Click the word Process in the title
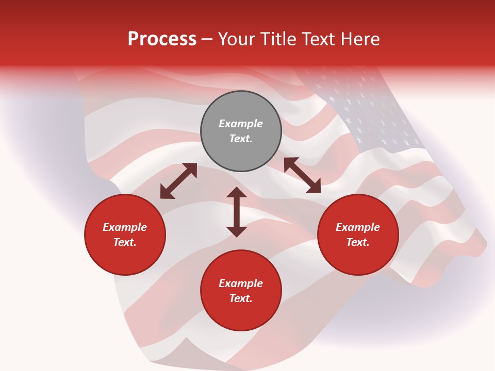click(162, 39)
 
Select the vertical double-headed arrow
click(237, 212)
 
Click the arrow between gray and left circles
click(178, 181)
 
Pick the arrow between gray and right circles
click(302, 175)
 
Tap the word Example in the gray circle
click(240, 124)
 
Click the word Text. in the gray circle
click(240, 139)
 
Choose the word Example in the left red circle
click(124, 227)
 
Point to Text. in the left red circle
click(124, 242)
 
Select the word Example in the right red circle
click(357, 227)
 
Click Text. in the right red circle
click(357, 242)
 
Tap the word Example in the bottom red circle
click(240, 283)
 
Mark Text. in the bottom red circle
click(240, 298)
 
